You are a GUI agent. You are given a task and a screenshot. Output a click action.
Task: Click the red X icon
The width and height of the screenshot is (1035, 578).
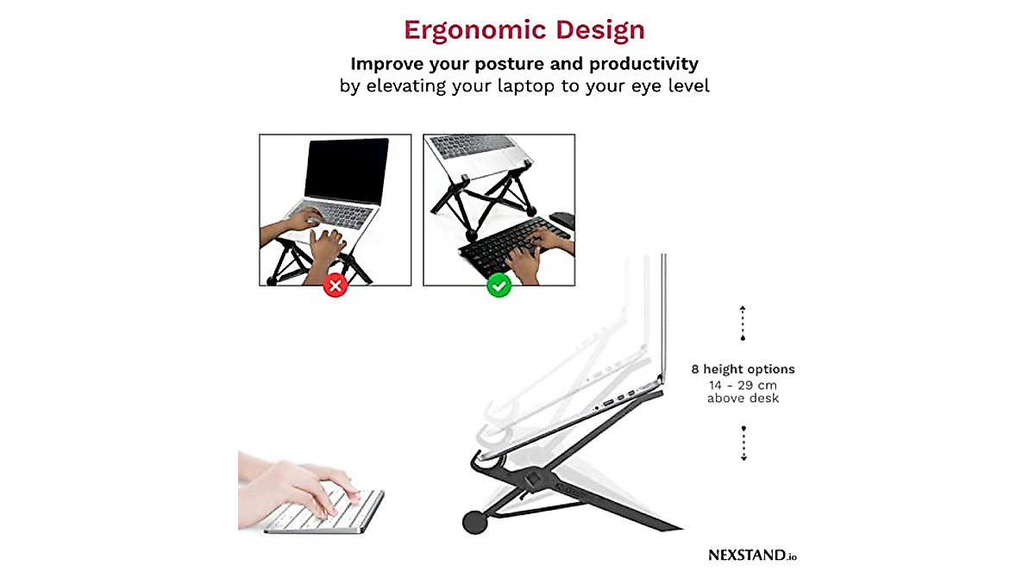[335, 286]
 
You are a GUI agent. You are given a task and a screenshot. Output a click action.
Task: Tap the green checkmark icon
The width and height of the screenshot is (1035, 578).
[499, 286]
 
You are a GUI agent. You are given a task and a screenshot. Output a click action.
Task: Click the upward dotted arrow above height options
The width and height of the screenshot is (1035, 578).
[743, 323]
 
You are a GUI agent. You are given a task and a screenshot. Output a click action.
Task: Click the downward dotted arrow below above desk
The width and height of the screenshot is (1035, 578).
[743, 443]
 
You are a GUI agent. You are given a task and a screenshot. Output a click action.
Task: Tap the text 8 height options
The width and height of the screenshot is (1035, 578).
[743, 369]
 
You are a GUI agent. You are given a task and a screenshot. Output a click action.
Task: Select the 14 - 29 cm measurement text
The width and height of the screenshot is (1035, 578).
[743, 384]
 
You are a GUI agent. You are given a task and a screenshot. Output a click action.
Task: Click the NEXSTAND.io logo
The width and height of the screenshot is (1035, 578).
[752, 556]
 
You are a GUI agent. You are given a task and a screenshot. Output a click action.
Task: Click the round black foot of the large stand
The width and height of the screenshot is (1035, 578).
[474, 522]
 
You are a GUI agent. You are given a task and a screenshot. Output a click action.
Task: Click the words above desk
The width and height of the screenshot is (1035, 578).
[743, 398]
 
